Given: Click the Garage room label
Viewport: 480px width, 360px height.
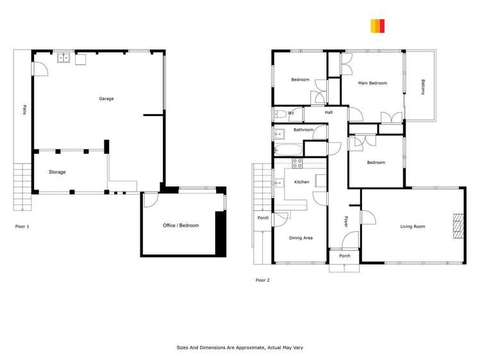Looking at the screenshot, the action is pyautogui.click(x=106, y=99).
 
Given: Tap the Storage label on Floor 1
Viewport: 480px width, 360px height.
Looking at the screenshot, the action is pyautogui.click(x=57, y=172).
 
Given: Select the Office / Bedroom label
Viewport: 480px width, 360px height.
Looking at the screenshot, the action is pyautogui.click(x=181, y=225).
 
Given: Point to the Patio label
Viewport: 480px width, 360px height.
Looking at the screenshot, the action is pyautogui.click(x=24, y=110).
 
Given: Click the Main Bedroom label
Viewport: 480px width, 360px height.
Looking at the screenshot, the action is pyautogui.click(x=372, y=83).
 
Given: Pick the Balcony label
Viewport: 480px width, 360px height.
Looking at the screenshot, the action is pyautogui.click(x=423, y=87).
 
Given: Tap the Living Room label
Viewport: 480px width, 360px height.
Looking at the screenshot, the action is pyautogui.click(x=413, y=226).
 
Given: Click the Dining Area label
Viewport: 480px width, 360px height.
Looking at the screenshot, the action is pyautogui.click(x=301, y=238).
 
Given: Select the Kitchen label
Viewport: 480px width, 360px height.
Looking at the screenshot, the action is pyautogui.click(x=302, y=182).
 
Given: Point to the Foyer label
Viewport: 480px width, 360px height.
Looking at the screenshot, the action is pyautogui.click(x=346, y=222).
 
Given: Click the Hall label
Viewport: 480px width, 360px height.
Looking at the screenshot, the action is pyautogui.click(x=329, y=113).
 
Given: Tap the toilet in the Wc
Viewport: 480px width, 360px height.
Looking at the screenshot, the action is pyautogui.click(x=280, y=115).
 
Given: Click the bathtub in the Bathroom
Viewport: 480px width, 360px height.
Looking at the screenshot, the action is pyautogui.click(x=288, y=150).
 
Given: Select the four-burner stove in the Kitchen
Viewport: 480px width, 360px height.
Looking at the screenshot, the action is pyautogui.click(x=297, y=163).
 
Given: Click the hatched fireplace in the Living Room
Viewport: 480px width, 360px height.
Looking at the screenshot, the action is pyautogui.click(x=458, y=226).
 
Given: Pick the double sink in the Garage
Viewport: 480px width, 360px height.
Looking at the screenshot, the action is pyautogui.click(x=63, y=58).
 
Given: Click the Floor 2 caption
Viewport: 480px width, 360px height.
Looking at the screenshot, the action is pyautogui.click(x=262, y=280).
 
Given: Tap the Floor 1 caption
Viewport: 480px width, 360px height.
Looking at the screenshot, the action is pyautogui.click(x=22, y=227).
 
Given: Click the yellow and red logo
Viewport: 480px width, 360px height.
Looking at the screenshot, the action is pyautogui.click(x=377, y=26).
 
